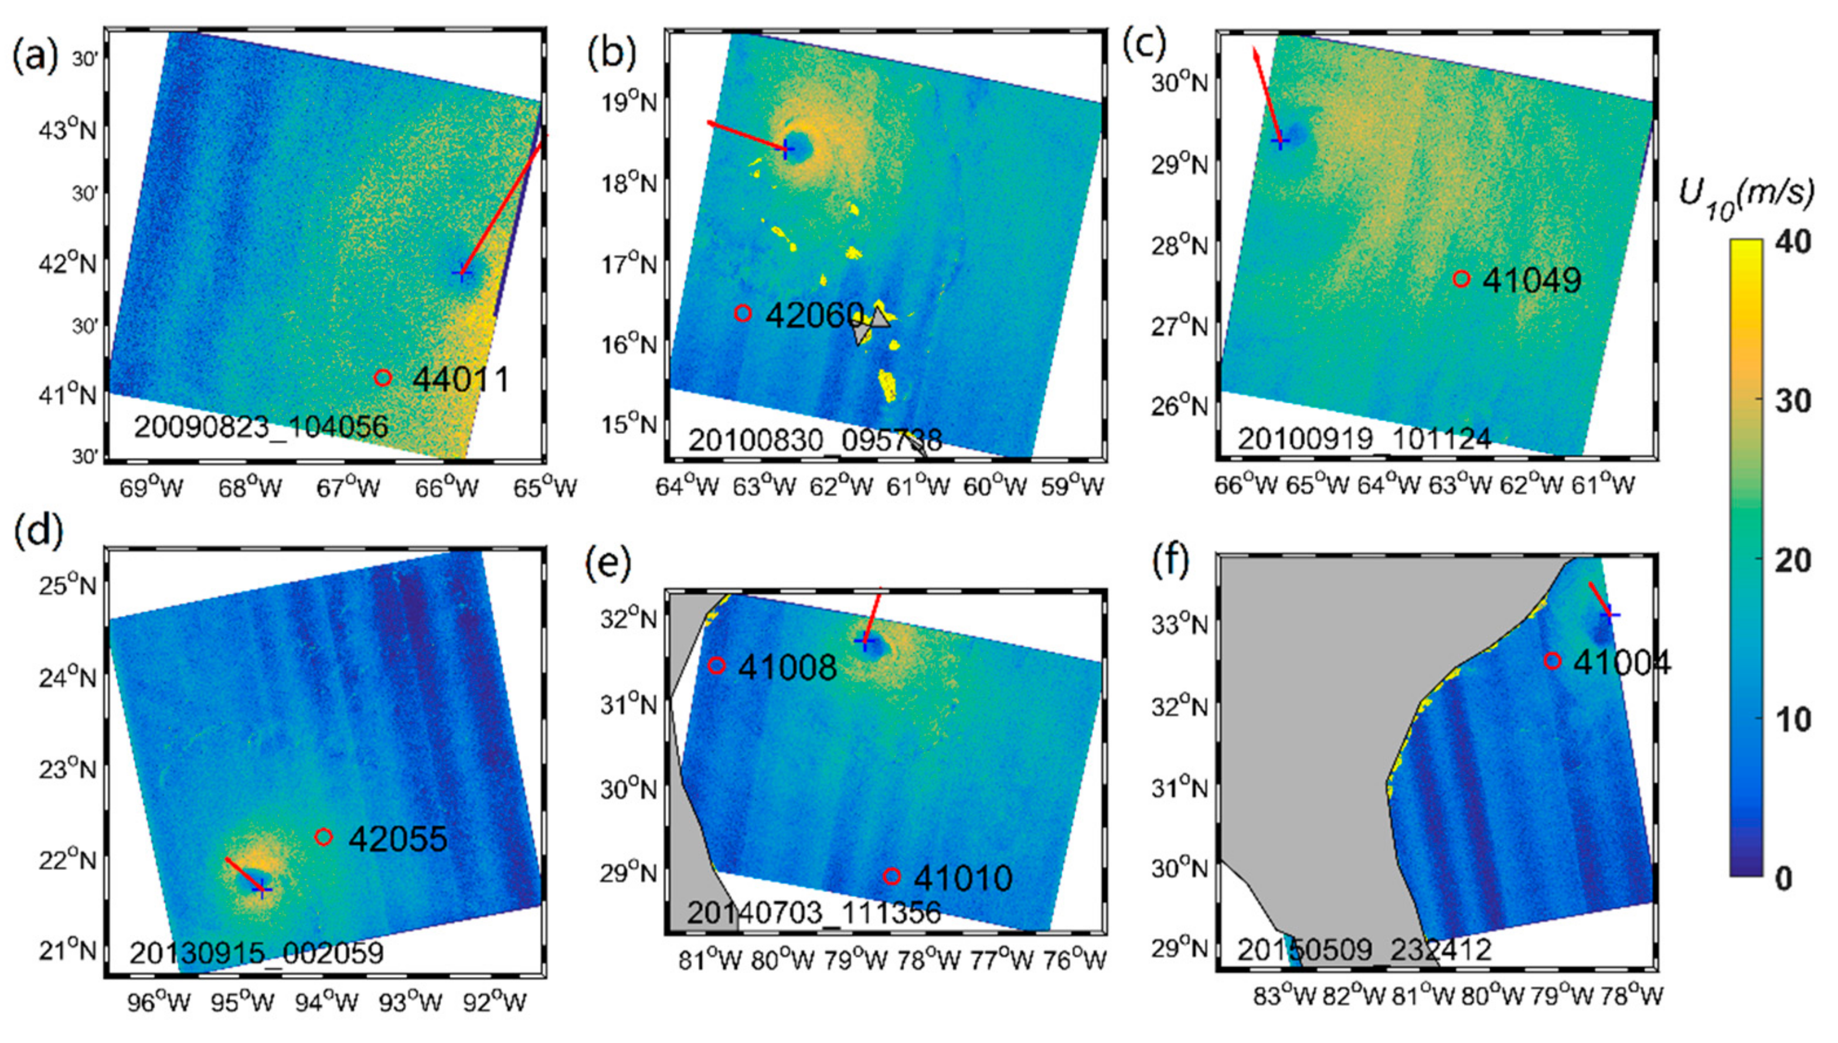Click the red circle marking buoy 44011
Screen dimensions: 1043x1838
383,377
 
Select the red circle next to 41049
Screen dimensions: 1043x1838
1461,279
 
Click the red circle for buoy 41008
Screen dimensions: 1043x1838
716,666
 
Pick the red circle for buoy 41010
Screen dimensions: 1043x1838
891,876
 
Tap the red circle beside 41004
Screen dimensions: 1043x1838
1552,660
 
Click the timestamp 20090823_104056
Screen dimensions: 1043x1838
261,428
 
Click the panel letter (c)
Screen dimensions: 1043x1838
1144,45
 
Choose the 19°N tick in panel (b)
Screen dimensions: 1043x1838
628,103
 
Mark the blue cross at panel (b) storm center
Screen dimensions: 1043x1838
787,149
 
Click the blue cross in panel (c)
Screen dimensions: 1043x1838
1280,141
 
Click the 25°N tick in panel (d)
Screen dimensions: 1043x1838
67,586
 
